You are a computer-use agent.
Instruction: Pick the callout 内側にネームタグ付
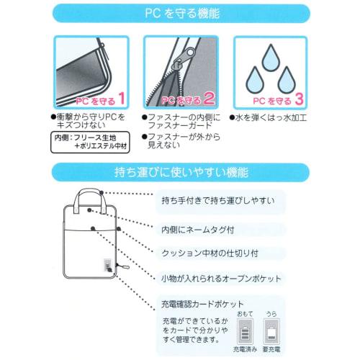(204, 230)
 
